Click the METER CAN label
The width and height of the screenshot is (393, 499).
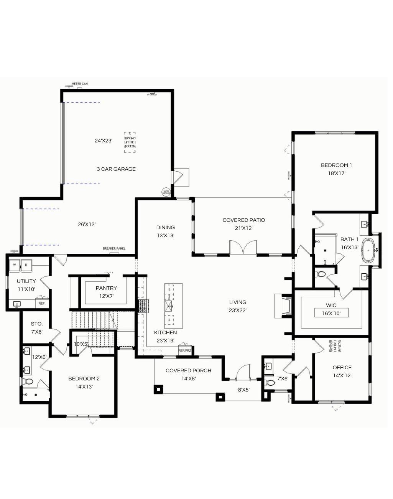[79, 84]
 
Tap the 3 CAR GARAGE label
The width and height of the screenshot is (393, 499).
[116, 169]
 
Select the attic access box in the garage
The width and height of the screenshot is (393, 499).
[130, 142]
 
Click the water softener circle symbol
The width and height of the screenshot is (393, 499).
[166, 192]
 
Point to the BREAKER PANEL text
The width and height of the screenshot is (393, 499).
[114, 249]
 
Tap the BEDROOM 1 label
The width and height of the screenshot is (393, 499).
[336, 165]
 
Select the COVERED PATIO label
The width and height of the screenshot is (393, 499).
[243, 220]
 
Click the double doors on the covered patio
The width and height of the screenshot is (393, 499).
[243, 248]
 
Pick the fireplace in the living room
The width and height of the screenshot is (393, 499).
[284, 306]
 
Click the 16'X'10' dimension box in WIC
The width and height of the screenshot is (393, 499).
[331, 313]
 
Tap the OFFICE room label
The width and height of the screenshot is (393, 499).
[342, 367]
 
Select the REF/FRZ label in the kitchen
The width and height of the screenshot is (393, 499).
[185, 350]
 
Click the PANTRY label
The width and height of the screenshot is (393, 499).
[106, 288]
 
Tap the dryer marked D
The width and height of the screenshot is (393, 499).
[26, 264]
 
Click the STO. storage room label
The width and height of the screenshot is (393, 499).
[36, 324]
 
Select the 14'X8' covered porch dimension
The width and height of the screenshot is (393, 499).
[188, 378]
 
